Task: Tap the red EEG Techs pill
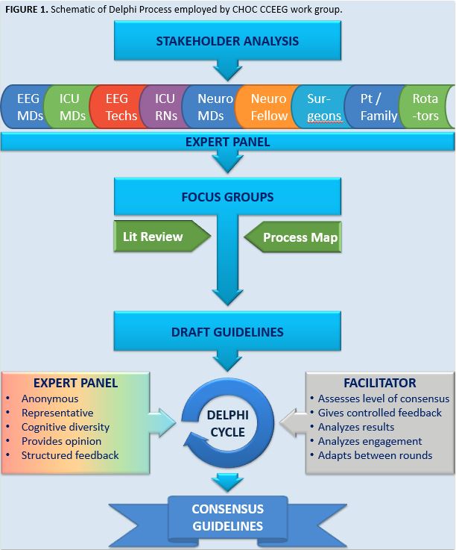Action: point(116,107)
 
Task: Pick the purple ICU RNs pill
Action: point(165,107)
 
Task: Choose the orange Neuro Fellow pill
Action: point(268,107)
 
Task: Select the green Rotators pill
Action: point(425,107)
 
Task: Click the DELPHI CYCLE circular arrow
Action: point(227,422)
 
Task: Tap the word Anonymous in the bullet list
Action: point(50,399)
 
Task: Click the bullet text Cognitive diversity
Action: point(66,427)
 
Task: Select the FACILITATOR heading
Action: point(380,384)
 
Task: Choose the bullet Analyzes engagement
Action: point(370,441)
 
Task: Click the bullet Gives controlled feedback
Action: point(380,413)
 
